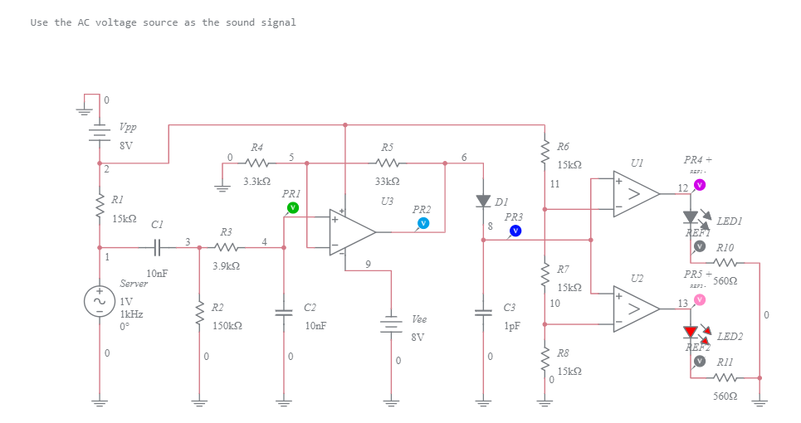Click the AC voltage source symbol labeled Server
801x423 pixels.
click(100, 300)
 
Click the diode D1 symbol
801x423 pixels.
click(483, 201)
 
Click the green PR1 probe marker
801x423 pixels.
click(292, 207)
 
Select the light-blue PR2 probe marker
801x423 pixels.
click(423, 223)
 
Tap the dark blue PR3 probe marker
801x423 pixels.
click(515, 231)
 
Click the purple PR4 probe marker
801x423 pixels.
click(700, 184)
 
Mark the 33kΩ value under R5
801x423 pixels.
click(388, 180)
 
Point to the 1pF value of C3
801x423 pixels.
click(512, 326)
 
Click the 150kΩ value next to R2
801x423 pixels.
click(227, 326)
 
